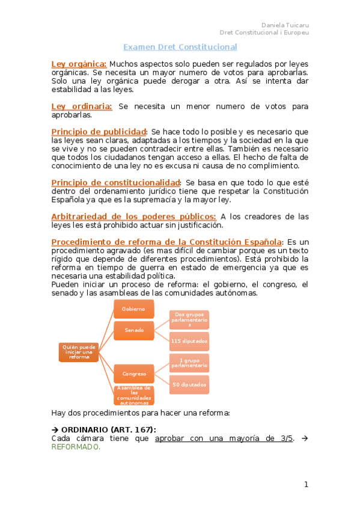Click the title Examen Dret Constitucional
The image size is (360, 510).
click(180, 47)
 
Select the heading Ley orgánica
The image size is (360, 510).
click(79, 64)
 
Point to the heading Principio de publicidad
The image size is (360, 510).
click(99, 132)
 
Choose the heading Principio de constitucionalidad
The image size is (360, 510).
click(115, 182)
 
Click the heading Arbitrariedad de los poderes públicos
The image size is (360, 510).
click(133, 217)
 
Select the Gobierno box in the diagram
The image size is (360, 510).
click(134, 309)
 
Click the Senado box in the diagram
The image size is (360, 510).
click(134, 330)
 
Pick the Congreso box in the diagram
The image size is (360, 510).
click(134, 373)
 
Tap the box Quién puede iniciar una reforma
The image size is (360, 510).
click(79, 352)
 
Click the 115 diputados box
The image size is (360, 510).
click(189, 342)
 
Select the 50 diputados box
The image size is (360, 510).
click(189, 384)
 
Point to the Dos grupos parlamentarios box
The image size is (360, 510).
click(189, 320)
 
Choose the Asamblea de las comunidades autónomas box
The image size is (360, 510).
click(134, 395)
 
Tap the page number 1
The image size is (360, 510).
click(306, 485)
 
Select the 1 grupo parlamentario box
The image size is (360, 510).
click(189, 363)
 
